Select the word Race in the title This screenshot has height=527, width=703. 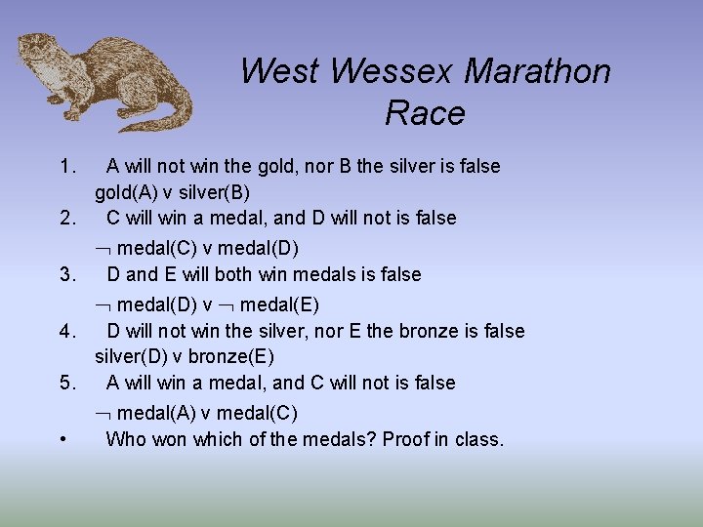[425, 113]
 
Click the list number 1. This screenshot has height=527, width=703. [65, 166]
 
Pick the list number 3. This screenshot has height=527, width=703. [65, 274]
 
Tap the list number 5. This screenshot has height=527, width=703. [65, 383]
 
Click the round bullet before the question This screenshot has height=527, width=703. [62, 439]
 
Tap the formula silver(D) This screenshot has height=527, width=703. [131, 356]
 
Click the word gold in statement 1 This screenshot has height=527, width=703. [277, 166]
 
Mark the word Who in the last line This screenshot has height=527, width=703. [125, 439]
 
